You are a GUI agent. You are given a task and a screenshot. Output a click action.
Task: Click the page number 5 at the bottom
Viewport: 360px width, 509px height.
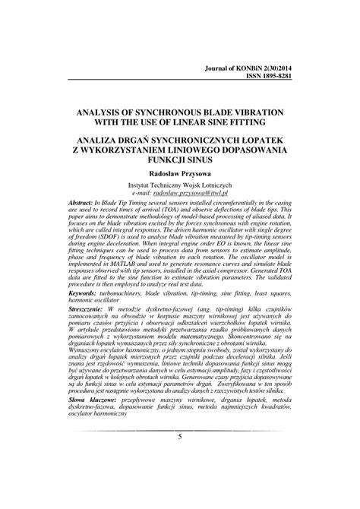(180, 436)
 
